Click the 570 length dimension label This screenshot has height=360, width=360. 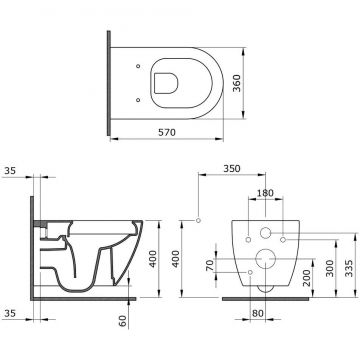tap(167, 132)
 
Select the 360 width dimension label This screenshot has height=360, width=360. tap(236, 84)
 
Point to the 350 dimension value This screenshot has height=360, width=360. tap(232, 169)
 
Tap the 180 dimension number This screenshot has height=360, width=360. tap(265, 193)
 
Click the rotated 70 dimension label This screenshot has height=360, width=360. tap(210, 265)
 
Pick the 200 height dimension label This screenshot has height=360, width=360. tap(306, 278)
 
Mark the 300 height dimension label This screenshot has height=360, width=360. tap(330, 268)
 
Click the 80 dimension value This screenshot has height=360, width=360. tap(257, 313)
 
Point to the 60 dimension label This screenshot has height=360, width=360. tap(123, 321)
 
